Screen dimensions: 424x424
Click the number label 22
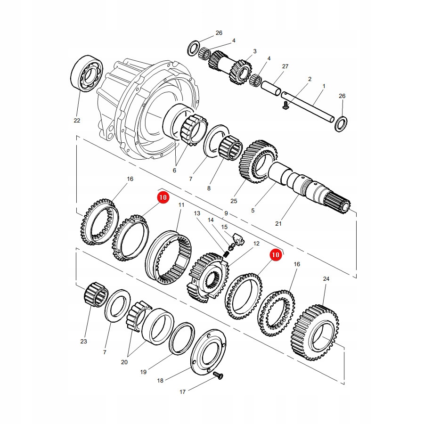[x=77, y=121]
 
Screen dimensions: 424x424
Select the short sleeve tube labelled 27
[x=271, y=89]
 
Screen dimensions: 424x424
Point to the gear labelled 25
[x=258, y=161]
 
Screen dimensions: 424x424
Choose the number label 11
[x=180, y=205]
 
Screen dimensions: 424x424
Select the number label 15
[x=224, y=227]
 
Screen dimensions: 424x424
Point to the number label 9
[x=226, y=213]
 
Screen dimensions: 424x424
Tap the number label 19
[x=143, y=372]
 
